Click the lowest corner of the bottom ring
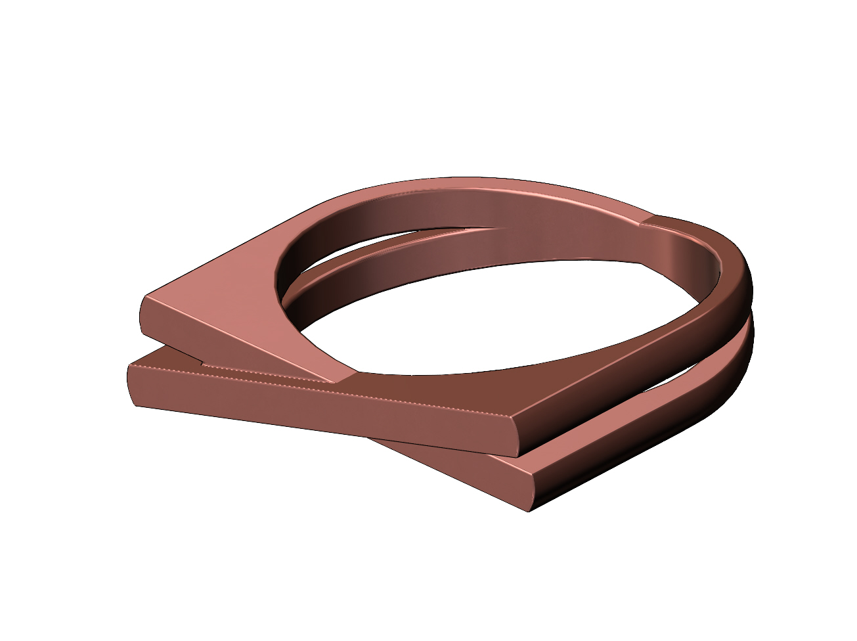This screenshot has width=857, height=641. [x=529, y=510]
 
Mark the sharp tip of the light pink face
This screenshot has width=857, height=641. [x=335, y=381]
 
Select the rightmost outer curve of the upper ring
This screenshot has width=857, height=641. [x=749, y=289]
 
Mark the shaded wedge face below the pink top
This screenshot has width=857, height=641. [x=217, y=342]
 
